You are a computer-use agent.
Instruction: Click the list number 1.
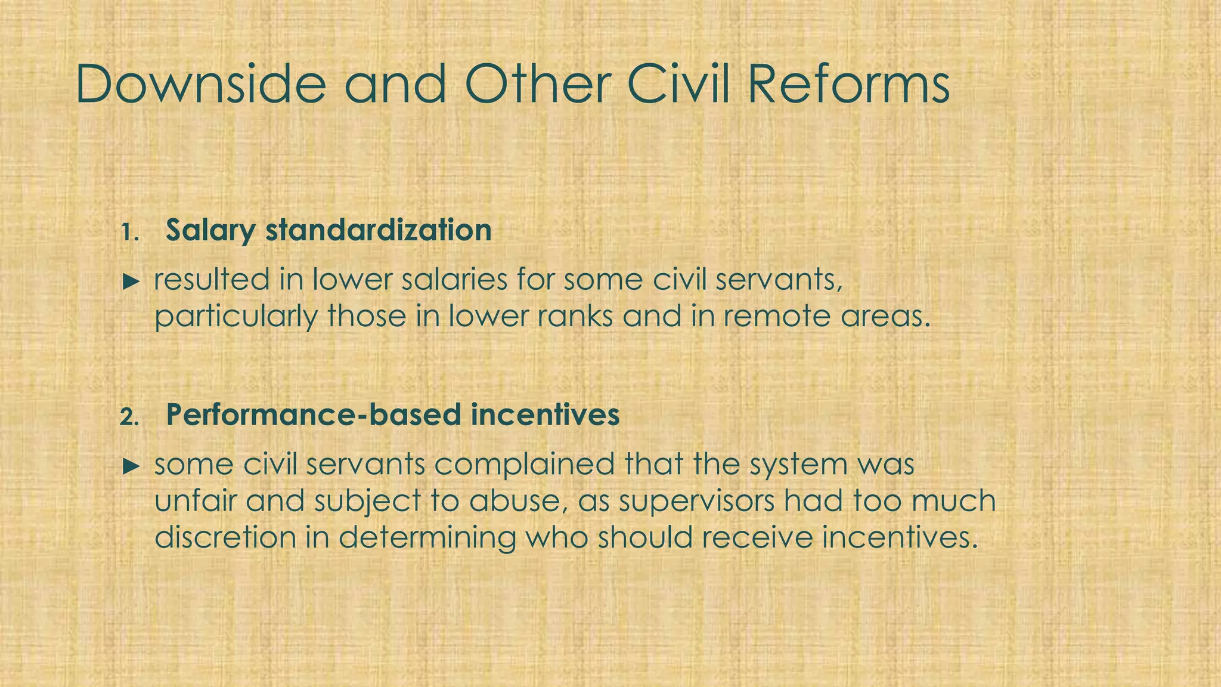point(129,233)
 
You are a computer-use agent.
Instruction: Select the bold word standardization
point(379,230)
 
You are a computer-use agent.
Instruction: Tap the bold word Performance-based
point(314,415)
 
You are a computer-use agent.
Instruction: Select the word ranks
point(573,316)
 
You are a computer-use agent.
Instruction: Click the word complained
point(524,465)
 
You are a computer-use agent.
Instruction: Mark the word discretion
point(225,537)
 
